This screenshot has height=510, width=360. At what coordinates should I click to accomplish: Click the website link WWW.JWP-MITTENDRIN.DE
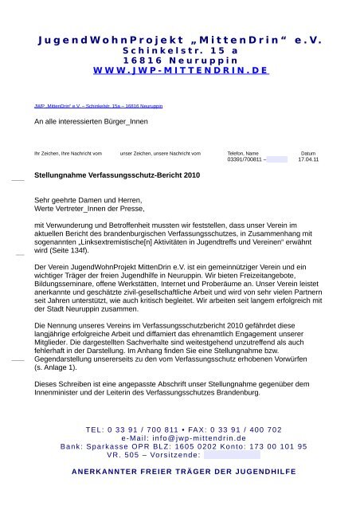coord(180,70)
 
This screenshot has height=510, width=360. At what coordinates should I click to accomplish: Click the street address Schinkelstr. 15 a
coord(180,49)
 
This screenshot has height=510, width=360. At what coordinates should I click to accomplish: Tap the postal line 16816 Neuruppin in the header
coord(180,60)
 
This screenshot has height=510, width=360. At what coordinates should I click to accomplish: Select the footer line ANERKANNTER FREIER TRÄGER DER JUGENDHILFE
coord(179,472)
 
